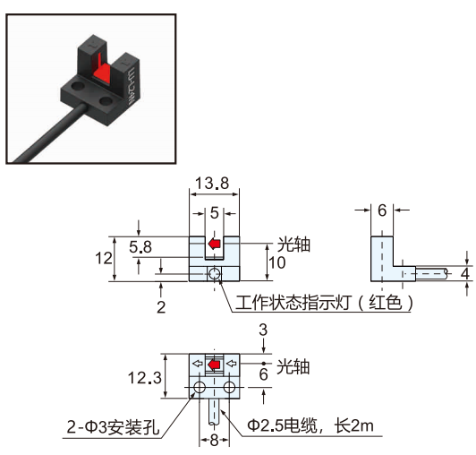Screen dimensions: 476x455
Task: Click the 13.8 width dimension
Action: click(x=211, y=184)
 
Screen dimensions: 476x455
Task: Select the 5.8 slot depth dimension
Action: click(x=140, y=247)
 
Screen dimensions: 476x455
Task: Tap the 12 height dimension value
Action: click(x=104, y=258)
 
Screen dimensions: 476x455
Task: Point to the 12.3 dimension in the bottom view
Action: click(x=145, y=378)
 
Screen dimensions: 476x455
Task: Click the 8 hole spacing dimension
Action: click(x=214, y=440)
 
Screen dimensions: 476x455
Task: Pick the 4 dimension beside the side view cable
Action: click(x=464, y=273)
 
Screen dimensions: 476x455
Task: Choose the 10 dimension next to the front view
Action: click(x=277, y=262)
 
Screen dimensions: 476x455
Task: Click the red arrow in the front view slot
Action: click(x=214, y=244)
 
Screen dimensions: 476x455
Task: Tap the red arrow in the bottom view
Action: click(x=214, y=365)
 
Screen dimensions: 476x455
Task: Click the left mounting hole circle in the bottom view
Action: click(x=200, y=387)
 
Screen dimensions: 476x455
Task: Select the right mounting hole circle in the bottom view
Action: click(x=229, y=387)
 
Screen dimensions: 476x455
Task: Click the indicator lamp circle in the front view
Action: click(x=215, y=274)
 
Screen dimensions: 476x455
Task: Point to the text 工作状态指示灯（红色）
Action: click(x=324, y=303)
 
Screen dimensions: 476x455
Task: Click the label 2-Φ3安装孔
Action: click(x=113, y=427)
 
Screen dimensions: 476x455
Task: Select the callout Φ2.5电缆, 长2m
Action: click(x=310, y=425)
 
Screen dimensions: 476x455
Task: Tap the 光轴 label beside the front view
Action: click(x=293, y=245)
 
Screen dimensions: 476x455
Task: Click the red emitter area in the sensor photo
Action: click(x=102, y=72)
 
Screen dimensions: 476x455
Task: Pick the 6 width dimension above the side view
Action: click(x=382, y=210)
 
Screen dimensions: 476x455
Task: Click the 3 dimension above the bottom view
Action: click(x=263, y=330)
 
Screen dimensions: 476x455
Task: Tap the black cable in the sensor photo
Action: click(x=48, y=133)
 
